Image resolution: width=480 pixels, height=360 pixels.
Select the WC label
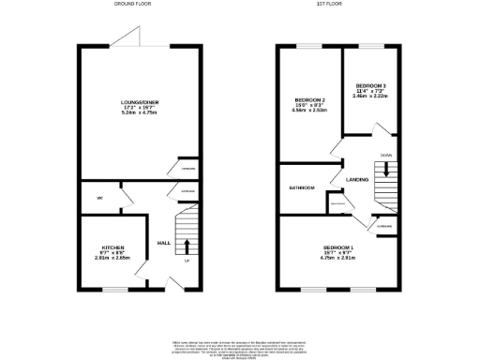pyautogui.click(x=98, y=199)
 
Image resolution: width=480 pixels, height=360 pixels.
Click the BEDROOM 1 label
pyautogui.click(x=337, y=247)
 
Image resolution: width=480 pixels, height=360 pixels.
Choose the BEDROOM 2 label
pyautogui.click(x=310, y=100)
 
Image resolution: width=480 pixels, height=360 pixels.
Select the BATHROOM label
pyautogui.click(x=301, y=187)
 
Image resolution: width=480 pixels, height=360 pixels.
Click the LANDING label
pyautogui.click(x=356, y=179)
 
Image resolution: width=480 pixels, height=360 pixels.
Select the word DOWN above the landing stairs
pyautogui.click(x=385, y=155)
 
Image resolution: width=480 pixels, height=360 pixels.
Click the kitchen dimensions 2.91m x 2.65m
pyautogui.click(x=112, y=260)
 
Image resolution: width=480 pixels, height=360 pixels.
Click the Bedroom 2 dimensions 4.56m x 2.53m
pyautogui.click(x=310, y=112)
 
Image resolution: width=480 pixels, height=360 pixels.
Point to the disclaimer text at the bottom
pyautogui.click(x=240, y=347)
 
